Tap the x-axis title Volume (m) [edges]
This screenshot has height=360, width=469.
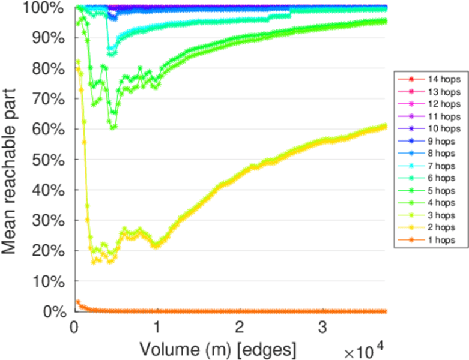(x=217, y=348)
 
